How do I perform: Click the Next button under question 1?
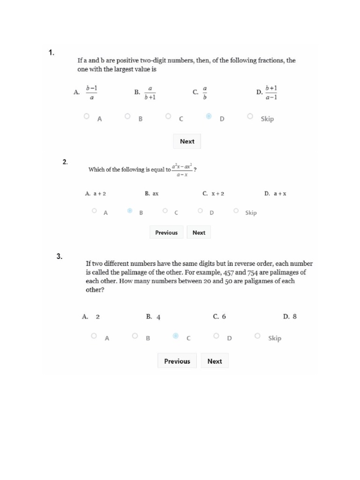pos(187,141)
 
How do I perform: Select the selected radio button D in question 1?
pos(209,116)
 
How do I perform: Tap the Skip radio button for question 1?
pos(250,116)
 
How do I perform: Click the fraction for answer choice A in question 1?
pos(91,93)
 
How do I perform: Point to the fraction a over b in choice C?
pos(205,93)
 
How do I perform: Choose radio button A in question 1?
pos(87,116)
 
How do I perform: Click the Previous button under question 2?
pos(166,232)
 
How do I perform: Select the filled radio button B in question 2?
pos(130,211)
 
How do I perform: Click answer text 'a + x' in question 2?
pos(280,193)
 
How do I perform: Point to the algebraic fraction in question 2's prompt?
pos(182,170)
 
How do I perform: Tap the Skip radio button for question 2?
pos(236,211)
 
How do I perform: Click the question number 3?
pos(60,256)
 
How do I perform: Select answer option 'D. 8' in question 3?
pos(290,316)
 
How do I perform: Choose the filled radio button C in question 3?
pos(175,336)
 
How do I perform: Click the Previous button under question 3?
pos(177,361)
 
